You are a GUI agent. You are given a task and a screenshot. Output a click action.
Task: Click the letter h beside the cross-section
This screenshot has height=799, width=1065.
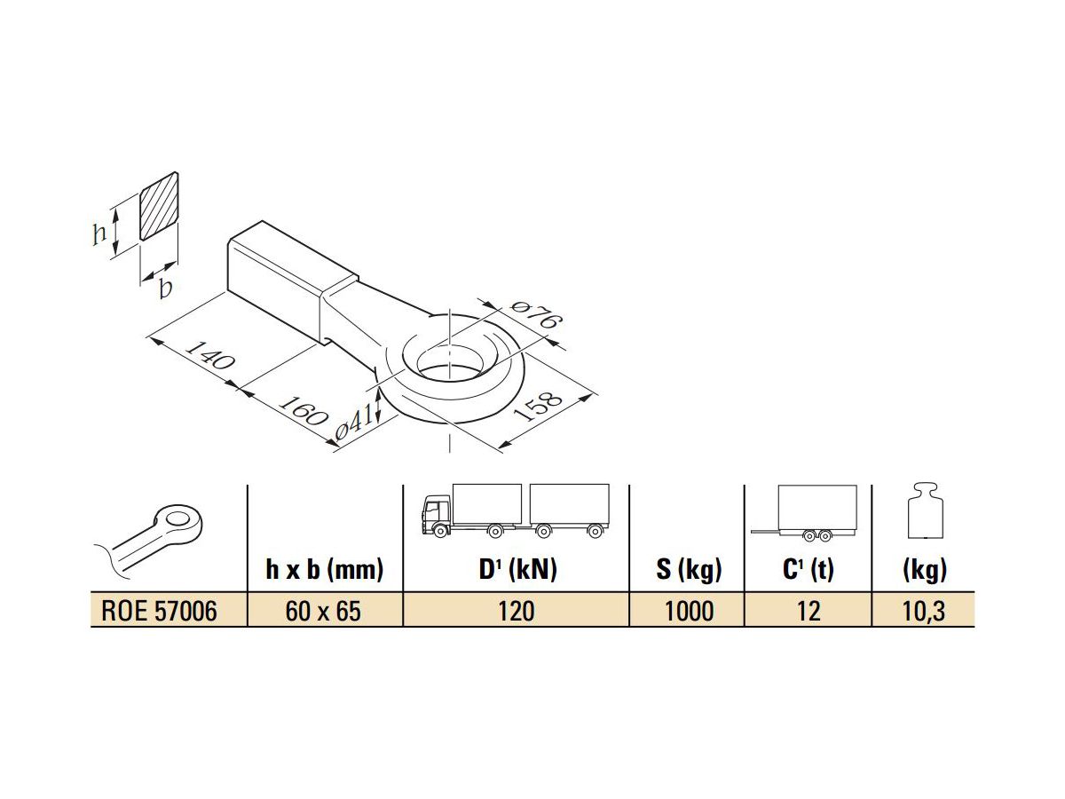pos(99,233)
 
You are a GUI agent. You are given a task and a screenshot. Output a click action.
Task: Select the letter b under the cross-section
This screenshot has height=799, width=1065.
pos(165,289)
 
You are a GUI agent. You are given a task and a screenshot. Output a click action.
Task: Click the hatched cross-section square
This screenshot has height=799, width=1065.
pos(160,206)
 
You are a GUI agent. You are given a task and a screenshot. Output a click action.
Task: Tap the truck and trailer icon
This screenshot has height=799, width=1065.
pos(516,511)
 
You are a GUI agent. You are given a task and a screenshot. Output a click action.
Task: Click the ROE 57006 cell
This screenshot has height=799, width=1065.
pos(160,611)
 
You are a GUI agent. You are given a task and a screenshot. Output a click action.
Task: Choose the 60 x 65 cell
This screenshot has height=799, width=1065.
pos(325,611)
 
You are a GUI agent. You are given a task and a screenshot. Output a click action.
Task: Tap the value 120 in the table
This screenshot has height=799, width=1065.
pos(517,611)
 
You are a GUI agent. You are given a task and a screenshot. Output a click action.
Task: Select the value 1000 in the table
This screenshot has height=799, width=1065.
pos(689,611)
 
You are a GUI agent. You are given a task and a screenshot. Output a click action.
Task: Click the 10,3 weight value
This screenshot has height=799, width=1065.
pos(924,611)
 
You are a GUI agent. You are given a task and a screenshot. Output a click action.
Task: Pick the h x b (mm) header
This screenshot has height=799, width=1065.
pos(325,570)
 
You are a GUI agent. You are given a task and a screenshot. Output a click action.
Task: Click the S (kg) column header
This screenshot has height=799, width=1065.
pos(689,570)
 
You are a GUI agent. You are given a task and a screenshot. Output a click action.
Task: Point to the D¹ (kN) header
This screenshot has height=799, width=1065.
pos(518,570)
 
